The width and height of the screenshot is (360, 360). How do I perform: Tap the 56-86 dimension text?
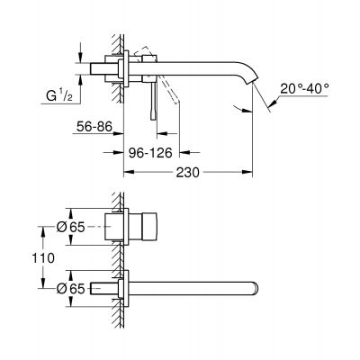pyautogui.click(x=94, y=127)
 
